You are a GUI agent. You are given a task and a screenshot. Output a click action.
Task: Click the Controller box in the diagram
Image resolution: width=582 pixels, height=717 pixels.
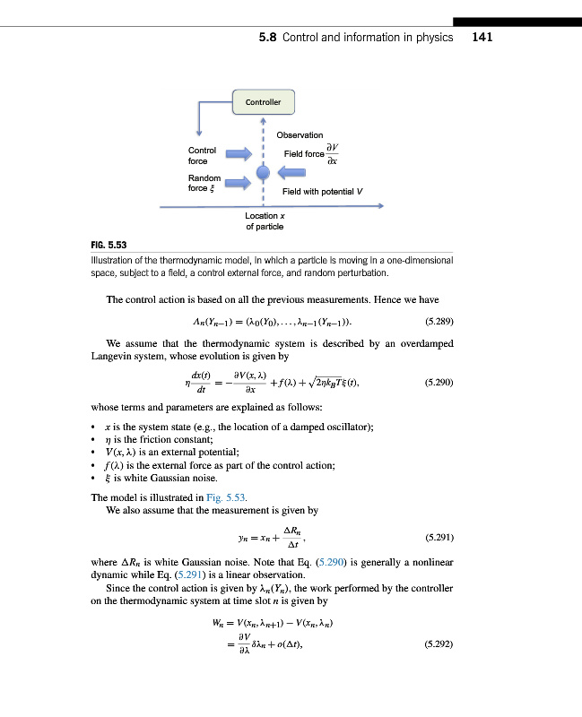263,102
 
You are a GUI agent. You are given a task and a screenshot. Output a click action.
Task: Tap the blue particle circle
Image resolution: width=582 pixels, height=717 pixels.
263,171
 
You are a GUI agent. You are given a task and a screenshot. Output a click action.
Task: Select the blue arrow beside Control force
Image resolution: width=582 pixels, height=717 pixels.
236,155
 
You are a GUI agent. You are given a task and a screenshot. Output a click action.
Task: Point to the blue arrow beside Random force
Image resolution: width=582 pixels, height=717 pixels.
236,183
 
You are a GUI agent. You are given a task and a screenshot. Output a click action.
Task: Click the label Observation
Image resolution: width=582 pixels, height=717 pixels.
300,135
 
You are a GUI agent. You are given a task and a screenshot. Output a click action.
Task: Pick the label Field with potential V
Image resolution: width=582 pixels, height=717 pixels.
322,192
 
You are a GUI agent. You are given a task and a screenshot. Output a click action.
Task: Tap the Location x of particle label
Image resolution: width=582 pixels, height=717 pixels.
265,221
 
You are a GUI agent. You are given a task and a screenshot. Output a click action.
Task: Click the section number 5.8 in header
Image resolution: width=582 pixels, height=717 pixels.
267,38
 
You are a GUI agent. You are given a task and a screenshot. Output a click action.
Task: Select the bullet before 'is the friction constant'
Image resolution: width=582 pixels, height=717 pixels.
94,437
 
